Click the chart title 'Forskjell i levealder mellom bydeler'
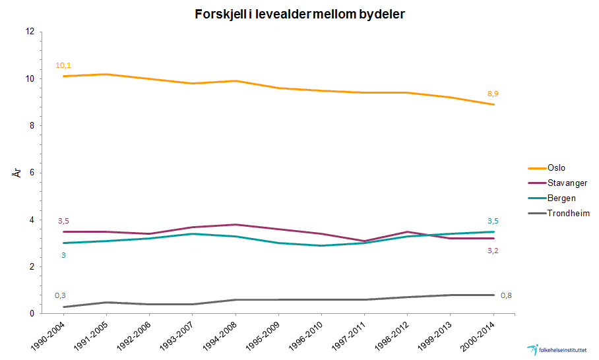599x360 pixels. tap(299, 14)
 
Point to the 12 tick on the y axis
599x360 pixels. tap(30, 32)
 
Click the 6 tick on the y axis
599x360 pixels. tap(32, 173)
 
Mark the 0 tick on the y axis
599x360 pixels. tap(32, 314)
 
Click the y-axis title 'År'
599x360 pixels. tap(18, 173)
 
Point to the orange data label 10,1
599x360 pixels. tap(63, 65)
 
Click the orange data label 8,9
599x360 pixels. tap(493, 94)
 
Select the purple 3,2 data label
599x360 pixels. tap(493, 251)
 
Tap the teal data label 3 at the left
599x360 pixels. tap(63, 255)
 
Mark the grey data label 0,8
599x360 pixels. tap(507, 295)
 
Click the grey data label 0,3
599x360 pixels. tap(60, 295)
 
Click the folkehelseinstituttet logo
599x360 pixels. tap(559, 349)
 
